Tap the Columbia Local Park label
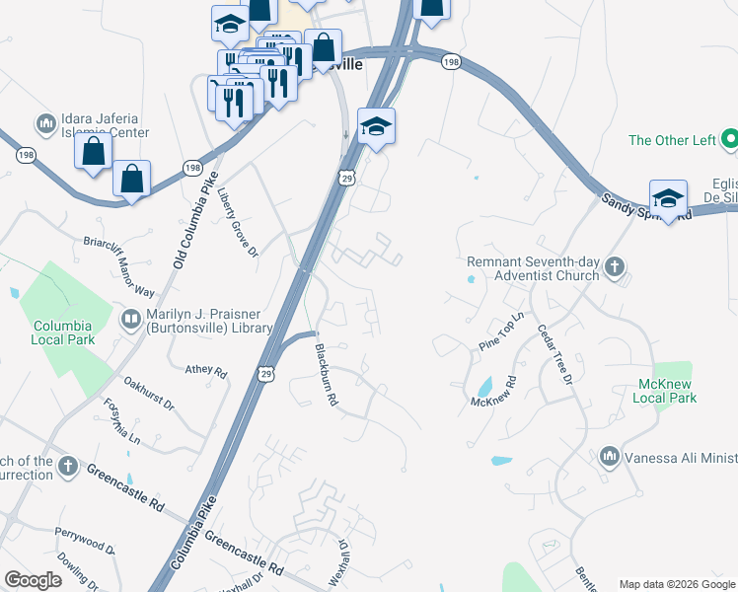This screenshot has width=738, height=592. tap(62, 333)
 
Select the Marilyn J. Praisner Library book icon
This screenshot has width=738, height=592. tap(130, 319)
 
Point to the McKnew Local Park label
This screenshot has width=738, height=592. tap(668, 391)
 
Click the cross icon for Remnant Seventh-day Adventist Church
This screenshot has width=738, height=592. tap(615, 266)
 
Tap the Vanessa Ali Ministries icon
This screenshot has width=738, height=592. tap(609, 456)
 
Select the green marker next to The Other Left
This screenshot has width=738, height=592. tap(730, 139)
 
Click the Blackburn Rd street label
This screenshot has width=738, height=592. tap(327, 375)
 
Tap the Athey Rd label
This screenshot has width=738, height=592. tap(206, 371)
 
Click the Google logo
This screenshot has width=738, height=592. tap(33, 580)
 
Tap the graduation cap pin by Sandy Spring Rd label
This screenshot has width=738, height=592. tap(668, 197)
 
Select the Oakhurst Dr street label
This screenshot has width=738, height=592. tap(148, 392)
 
